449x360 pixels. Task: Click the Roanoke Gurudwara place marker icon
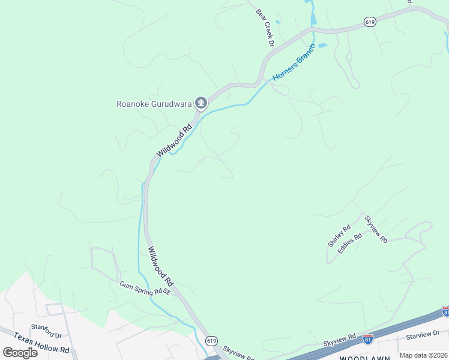201,104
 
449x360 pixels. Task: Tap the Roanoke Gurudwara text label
154,104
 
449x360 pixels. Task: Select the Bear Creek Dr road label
265,28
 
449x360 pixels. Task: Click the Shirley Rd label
339,236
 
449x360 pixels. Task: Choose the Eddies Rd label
350,243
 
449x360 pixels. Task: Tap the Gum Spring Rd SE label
145,289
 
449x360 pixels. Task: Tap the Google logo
20,352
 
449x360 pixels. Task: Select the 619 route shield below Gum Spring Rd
211,340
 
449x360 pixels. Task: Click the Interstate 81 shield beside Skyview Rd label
368,339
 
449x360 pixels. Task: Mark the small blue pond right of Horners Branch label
322,46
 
